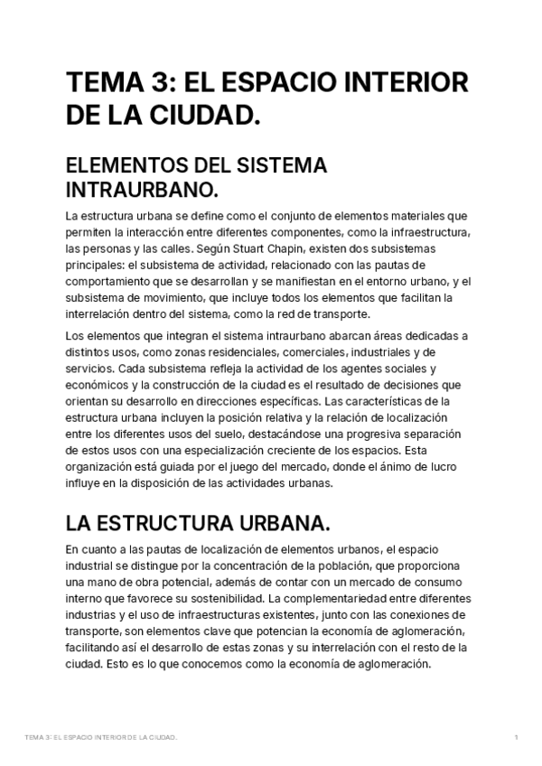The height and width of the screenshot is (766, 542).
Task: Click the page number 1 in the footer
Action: click(x=515, y=737)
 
